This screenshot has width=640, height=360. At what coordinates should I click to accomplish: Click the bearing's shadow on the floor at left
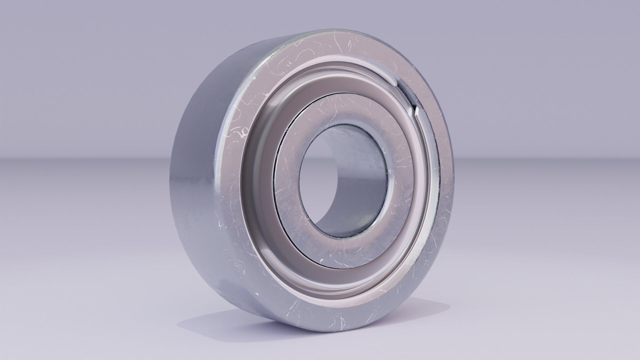[200, 320]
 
